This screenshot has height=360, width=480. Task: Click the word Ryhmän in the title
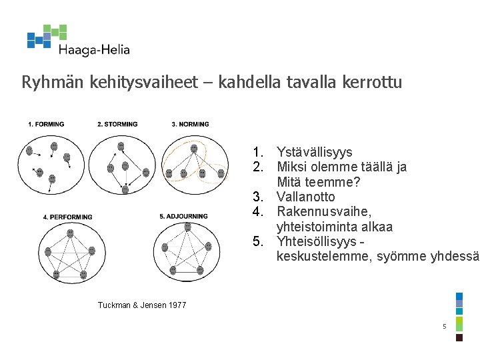tap(43, 83)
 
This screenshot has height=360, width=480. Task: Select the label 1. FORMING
tap(46, 124)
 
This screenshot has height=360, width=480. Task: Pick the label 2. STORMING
tap(117, 124)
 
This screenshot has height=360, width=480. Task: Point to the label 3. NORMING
tap(190, 124)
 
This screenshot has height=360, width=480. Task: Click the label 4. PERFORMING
tap(67, 217)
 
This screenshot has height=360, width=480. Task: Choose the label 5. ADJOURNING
tap(183, 217)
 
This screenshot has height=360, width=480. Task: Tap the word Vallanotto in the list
tap(305, 197)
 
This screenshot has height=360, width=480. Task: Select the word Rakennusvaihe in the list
tap(319, 212)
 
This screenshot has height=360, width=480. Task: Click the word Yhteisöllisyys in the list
tap(316, 241)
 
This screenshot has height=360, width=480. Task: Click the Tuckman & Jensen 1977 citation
tap(142, 305)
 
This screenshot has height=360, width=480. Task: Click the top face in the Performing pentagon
tap(70, 233)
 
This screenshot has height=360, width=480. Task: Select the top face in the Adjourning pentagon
tap(187, 227)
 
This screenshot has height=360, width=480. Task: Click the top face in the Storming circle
tap(121, 146)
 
